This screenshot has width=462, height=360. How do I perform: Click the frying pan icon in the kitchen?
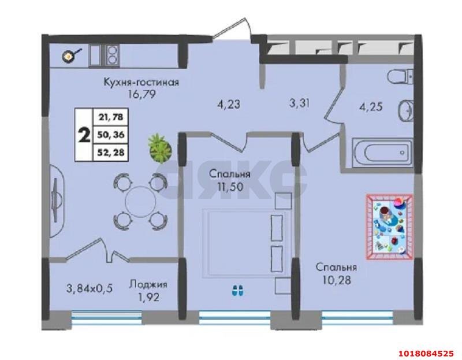70,55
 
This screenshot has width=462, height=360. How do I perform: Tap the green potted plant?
161,149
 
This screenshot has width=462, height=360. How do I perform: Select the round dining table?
140,202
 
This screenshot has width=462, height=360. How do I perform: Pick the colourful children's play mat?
389,227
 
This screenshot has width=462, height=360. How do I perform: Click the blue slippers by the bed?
237,290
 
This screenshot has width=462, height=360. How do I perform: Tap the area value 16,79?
141,94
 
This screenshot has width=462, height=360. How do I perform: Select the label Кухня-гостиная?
141,81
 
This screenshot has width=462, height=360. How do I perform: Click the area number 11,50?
230,186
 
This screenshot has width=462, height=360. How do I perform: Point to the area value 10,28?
337,280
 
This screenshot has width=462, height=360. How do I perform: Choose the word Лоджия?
148,284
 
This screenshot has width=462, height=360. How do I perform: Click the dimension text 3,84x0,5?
90,288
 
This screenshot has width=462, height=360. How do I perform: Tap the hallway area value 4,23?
228,104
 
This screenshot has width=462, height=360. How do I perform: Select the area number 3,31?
299,103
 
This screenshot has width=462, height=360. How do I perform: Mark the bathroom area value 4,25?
371,106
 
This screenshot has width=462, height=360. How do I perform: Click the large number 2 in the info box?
84,135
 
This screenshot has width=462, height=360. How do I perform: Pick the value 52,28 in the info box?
111,153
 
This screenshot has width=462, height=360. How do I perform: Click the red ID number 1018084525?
426,353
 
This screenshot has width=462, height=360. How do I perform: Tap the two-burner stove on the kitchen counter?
111,55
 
